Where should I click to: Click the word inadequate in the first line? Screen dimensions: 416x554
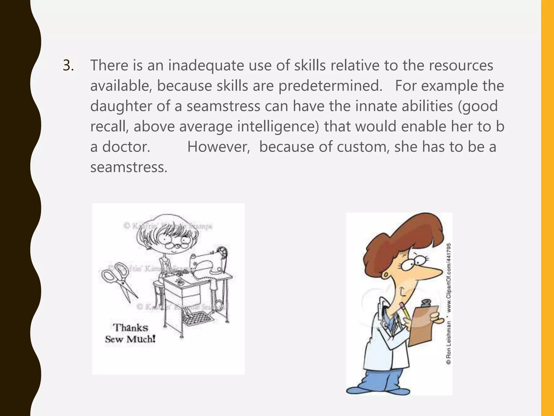[206, 66]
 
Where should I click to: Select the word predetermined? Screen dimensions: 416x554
[330, 86]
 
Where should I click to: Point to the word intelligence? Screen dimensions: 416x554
[278, 126]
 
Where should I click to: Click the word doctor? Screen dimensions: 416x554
[126, 147]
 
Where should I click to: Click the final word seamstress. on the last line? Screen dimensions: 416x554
[129, 167]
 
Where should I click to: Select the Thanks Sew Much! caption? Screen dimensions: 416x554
[130, 333]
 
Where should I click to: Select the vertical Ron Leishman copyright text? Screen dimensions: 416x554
[448, 303]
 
